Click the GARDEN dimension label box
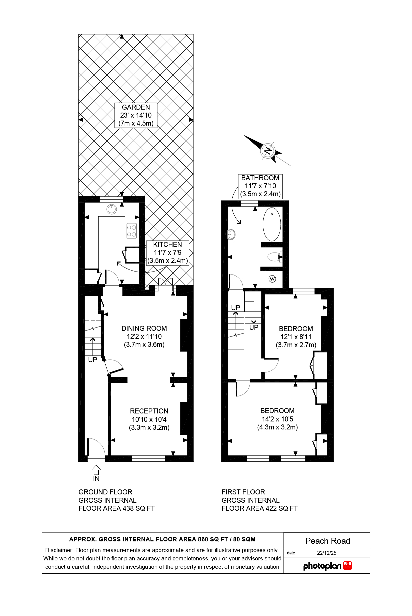136,115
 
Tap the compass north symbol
268,151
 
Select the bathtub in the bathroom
272,224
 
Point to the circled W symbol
272,279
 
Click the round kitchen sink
112,209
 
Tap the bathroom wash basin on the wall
231,235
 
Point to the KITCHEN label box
167,253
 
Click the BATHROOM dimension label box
260,186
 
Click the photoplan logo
327,566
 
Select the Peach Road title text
327,541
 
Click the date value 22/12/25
326,553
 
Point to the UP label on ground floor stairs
93,360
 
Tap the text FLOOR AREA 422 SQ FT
259,508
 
